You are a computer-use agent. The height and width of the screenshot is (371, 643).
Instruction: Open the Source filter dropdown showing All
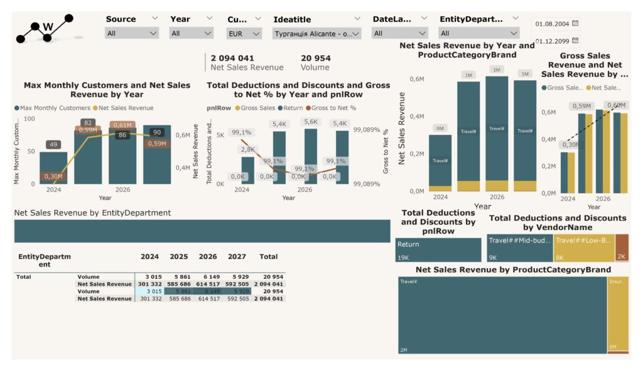[132, 33]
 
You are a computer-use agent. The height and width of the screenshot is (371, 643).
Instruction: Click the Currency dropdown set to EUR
[244, 33]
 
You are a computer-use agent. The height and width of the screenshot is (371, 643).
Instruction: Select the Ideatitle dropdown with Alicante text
[317, 33]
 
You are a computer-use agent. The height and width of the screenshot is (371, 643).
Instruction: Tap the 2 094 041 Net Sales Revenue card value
[232, 58]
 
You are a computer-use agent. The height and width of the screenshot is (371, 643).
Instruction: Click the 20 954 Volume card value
[316, 58]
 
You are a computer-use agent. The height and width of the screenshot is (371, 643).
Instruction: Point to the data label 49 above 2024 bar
[53, 145]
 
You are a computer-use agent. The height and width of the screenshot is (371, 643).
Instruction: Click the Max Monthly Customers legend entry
[52, 108]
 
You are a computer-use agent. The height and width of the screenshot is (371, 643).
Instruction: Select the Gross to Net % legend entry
[333, 108]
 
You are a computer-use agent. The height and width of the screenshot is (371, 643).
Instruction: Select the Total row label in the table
[24, 276]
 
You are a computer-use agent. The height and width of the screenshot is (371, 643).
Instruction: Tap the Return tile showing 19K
[438, 249]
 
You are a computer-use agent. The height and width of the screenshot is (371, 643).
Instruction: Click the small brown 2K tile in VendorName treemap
[622, 248]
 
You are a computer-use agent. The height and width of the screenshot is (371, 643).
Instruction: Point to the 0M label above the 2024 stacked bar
[440, 128]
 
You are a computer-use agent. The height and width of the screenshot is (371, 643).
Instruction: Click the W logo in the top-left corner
[46, 28]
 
